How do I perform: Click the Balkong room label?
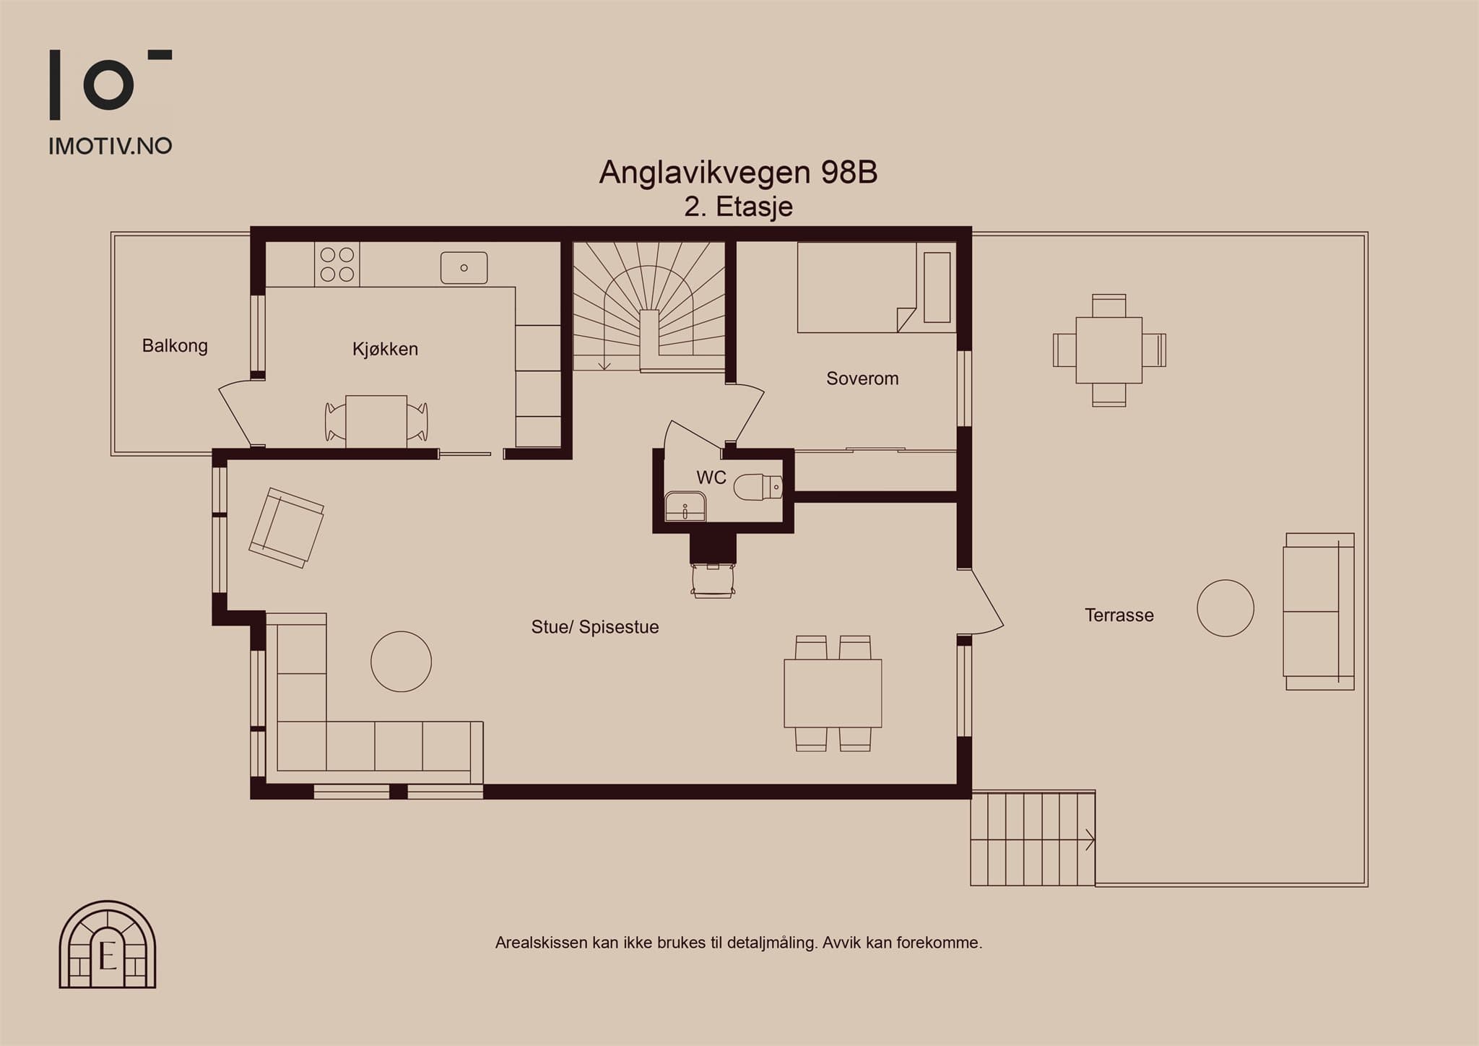175,346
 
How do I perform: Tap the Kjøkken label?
385,349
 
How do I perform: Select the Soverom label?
862,379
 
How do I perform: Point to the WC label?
711,477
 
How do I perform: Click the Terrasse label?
1119,615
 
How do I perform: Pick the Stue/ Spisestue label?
595,627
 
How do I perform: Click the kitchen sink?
464,268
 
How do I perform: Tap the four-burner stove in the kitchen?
337,264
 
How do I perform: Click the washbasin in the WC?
685,506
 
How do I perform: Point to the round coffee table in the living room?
402,662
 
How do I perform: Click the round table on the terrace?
1226,608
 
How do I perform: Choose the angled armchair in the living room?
287,527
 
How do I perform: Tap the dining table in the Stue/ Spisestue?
833,693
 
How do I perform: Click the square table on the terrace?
1109,350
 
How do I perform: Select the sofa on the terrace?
1319,611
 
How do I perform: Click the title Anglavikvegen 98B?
738,173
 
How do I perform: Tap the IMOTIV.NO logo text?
110,147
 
